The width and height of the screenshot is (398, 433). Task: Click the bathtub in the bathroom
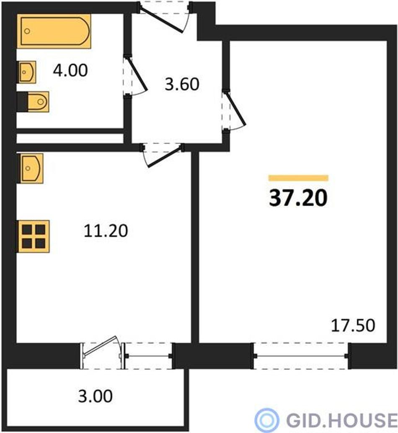pos(54,31)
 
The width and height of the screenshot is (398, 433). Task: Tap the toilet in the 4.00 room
pos(33,102)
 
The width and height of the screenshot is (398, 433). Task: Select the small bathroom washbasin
pos(27,72)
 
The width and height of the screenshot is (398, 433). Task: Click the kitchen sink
pos(31,168)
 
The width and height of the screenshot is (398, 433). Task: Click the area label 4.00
pos(70,70)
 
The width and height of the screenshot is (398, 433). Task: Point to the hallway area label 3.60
pos(182,84)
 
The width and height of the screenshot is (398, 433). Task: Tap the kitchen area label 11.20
pos(106,231)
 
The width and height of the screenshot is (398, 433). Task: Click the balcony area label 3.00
pos(95,396)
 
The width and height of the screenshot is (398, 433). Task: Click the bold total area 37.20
pos(298,198)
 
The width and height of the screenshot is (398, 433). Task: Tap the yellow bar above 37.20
pos(298,178)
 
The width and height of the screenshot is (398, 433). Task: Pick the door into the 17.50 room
pos(234,110)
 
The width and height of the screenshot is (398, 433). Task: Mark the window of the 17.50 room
pos(301,356)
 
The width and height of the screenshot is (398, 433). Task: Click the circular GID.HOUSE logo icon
pos(266,420)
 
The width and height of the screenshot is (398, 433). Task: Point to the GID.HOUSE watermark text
pos(342,420)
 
